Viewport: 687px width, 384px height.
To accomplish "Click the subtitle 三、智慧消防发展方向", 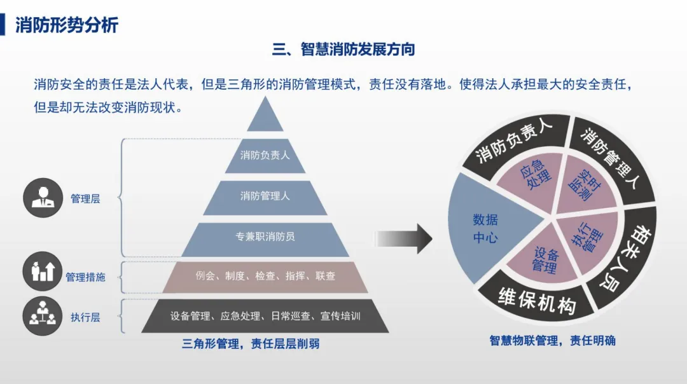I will coord(343,50).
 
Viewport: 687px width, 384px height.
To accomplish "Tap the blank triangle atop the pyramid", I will coord(265,118).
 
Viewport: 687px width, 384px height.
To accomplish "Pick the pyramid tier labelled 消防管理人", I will coord(265,196).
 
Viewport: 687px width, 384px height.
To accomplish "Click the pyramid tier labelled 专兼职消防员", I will coord(265,237).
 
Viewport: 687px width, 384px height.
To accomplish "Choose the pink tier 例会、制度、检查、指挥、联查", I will coord(265,276).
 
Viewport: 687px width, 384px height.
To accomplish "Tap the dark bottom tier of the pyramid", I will coord(265,315).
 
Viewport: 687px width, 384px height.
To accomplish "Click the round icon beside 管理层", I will coord(43,198).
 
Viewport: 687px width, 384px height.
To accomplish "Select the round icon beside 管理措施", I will coord(43,271).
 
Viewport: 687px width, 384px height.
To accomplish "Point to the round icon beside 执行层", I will coord(43,317).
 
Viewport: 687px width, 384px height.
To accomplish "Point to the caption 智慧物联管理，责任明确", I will coord(552,340).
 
